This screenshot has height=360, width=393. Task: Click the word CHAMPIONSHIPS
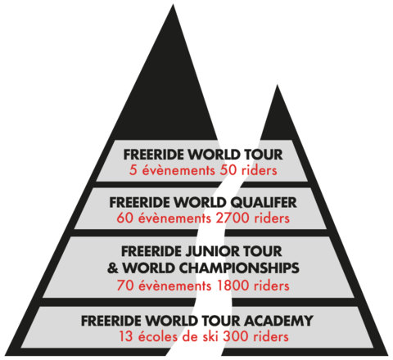(239, 268)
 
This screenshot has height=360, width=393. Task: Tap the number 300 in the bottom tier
(235, 336)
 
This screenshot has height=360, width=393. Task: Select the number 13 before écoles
(126, 336)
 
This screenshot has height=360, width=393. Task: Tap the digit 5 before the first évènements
(133, 170)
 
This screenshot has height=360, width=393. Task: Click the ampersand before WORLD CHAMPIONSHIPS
(113, 268)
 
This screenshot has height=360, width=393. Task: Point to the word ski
(210, 336)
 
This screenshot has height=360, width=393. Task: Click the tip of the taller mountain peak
(173, 4)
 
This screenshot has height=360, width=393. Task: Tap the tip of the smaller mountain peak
(277, 85)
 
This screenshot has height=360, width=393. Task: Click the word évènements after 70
(175, 286)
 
